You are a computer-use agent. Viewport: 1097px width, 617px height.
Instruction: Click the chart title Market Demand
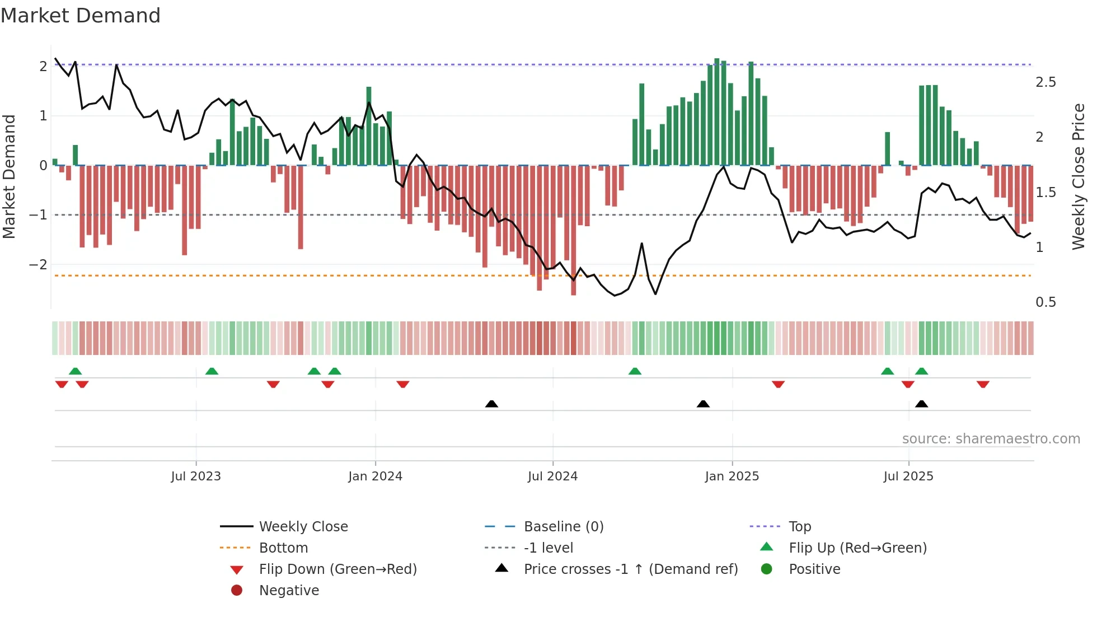pos(81,16)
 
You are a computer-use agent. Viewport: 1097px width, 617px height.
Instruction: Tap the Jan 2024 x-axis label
pos(375,476)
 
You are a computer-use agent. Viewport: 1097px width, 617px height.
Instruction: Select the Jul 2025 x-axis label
pos(908,476)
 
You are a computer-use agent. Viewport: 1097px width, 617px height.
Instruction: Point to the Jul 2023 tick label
pos(196,476)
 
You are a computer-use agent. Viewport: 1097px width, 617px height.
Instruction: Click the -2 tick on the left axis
pos(39,264)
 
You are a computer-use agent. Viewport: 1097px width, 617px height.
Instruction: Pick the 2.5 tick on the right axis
pos(1046,82)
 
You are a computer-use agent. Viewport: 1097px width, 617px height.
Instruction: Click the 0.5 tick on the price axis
pos(1046,302)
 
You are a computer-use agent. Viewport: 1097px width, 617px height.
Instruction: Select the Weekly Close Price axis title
pos(1078,176)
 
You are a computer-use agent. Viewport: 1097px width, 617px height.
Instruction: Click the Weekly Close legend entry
pos(303,527)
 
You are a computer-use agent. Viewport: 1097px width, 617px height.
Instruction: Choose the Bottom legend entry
pos(283,548)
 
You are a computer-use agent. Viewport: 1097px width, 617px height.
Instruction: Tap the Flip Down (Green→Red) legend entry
pos(337,569)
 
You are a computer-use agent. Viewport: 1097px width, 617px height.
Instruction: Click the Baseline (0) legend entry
pos(563,527)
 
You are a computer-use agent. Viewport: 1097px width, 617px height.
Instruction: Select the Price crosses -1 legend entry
pos(630,569)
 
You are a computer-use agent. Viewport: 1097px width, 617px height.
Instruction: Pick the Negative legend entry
pos(289,591)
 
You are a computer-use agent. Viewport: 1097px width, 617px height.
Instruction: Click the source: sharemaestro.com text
pos(991,439)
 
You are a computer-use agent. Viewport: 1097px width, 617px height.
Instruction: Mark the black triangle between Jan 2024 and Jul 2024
pos(491,404)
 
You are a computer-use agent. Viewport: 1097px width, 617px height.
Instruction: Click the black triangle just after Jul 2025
pos(921,404)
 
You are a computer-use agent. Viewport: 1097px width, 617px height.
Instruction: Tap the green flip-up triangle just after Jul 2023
pos(212,371)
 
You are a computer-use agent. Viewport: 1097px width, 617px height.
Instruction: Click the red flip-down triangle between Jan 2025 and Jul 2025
pos(778,384)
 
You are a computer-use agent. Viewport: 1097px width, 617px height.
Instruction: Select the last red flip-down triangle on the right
pos(983,384)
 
